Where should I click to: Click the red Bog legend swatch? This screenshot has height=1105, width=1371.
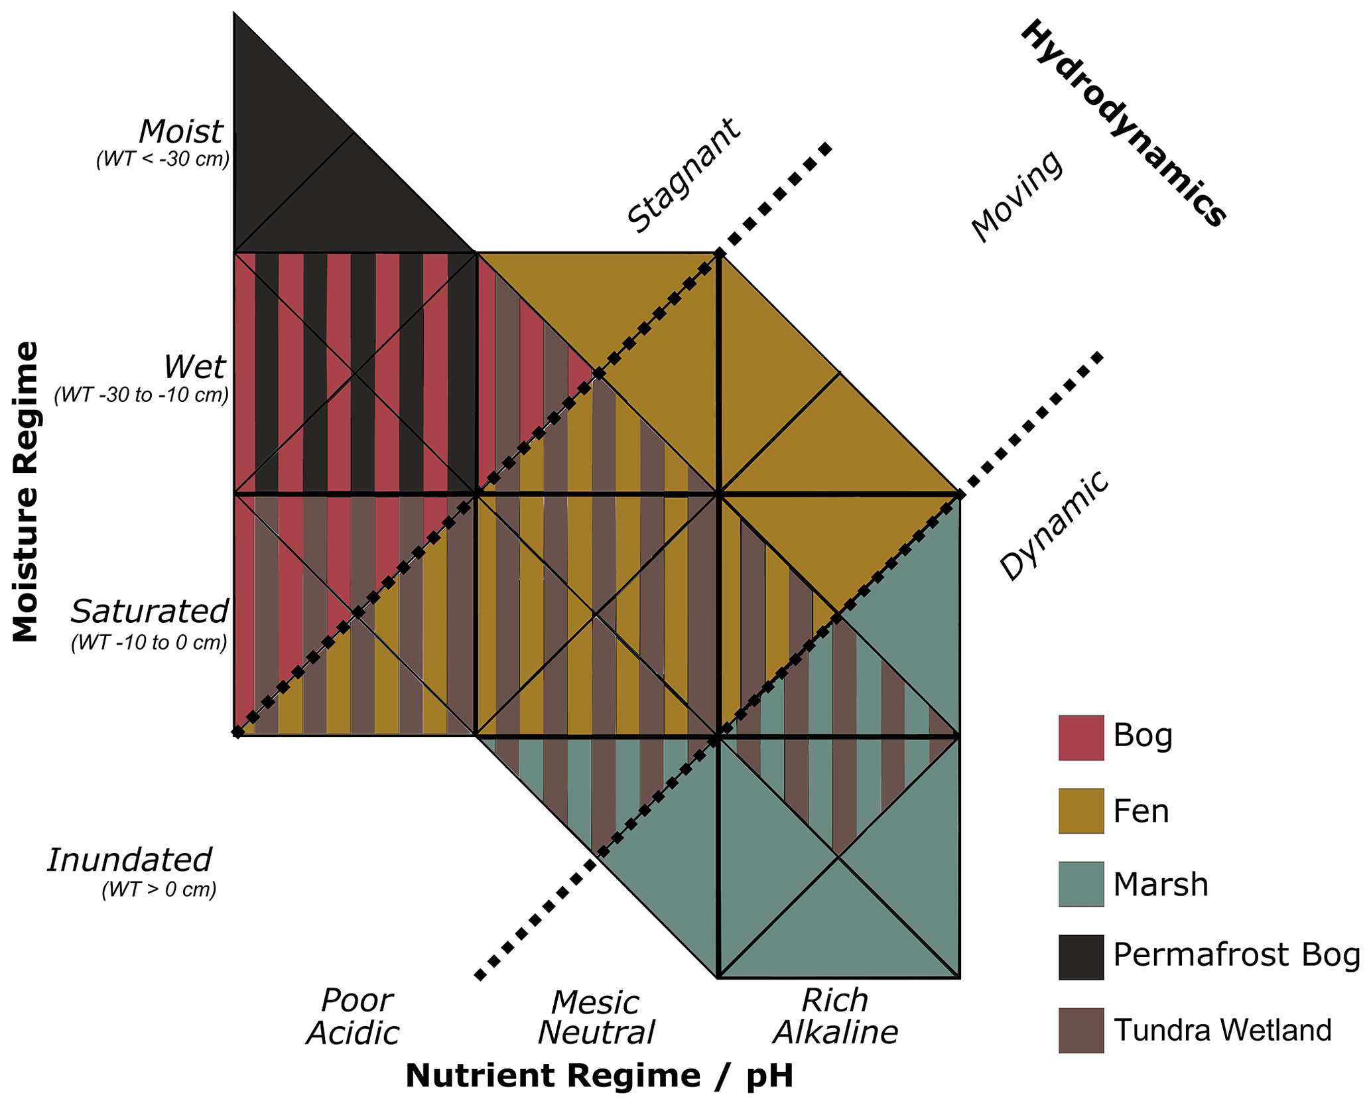click(x=1080, y=737)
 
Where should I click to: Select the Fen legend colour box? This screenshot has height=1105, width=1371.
click(x=1080, y=811)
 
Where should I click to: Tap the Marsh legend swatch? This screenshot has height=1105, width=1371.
click(x=1080, y=883)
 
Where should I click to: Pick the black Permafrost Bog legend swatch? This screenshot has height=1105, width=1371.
click(x=1080, y=956)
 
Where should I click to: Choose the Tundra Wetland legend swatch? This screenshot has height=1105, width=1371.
click(x=1080, y=1029)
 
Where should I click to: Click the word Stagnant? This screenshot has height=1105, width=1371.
click(x=683, y=176)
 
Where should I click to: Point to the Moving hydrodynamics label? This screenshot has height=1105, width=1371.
click(x=1017, y=196)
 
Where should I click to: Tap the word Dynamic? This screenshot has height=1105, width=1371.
click(x=1055, y=525)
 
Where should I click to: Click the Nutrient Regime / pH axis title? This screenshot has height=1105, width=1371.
click(x=599, y=1075)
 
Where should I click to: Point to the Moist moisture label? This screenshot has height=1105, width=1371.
click(x=180, y=131)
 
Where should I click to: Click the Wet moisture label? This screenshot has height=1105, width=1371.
click(x=194, y=366)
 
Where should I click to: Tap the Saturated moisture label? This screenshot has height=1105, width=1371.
click(x=150, y=611)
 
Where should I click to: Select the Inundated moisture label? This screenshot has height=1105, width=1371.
click(x=130, y=860)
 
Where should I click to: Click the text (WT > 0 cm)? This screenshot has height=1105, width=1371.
click(x=159, y=889)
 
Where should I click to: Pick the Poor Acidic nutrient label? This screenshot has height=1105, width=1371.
click(x=354, y=1017)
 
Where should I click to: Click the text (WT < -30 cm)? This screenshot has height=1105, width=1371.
click(x=163, y=160)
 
